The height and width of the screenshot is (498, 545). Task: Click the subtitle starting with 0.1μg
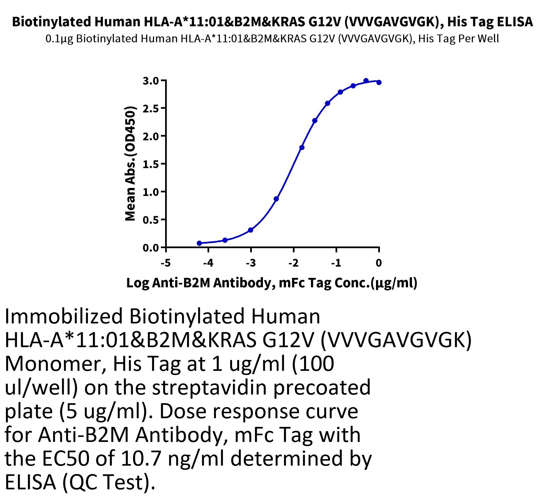click(x=272, y=39)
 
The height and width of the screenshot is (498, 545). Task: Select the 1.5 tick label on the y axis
click(x=151, y=164)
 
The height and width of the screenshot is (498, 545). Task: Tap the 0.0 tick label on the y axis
click(x=151, y=248)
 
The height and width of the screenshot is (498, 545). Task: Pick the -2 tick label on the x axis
click(x=293, y=263)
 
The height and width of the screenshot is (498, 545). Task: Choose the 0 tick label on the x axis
click(x=378, y=263)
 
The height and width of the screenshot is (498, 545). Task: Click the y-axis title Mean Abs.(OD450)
click(x=130, y=164)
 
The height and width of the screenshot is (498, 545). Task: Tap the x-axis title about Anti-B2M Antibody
click(x=272, y=283)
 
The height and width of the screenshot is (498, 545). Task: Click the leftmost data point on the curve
click(x=199, y=243)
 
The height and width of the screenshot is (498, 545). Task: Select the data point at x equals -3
click(x=250, y=230)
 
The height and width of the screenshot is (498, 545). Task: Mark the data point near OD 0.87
click(x=276, y=199)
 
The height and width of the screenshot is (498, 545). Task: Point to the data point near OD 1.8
click(x=302, y=148)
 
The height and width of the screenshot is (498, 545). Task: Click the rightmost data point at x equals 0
click(x=379, y=83)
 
